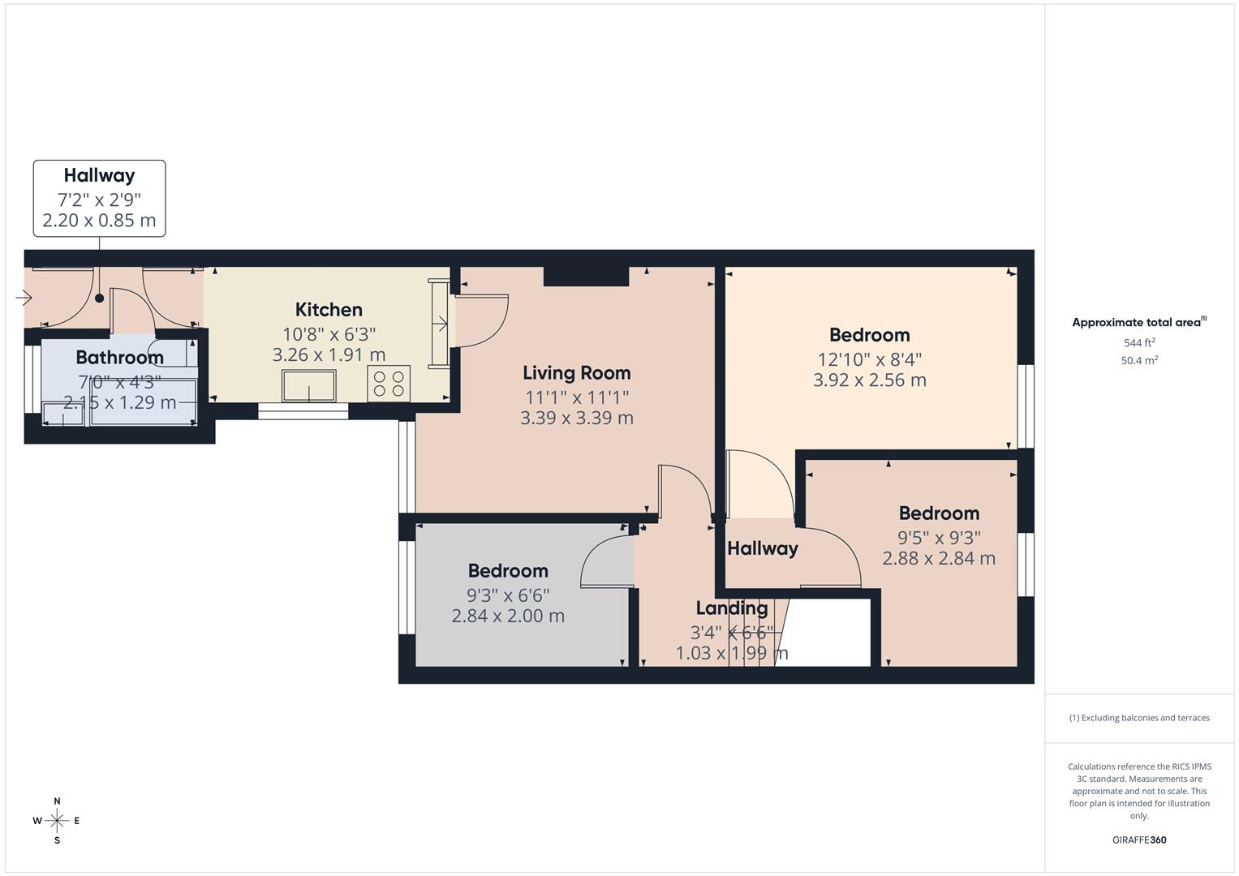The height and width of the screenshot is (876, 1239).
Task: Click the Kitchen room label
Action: click(329, 310)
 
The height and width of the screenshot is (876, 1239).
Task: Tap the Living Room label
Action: click(576, 373)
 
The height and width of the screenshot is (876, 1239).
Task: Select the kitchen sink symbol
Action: click(308, 385)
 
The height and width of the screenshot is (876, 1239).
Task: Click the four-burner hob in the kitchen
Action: click(389, 384)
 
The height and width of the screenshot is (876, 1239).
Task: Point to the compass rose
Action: click(57, 821)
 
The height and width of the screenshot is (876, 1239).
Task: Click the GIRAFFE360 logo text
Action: click(1138, 840)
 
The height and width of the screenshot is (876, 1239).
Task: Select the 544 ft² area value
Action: click(1139, 343)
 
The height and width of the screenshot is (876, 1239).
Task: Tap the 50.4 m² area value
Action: click(1139, 361)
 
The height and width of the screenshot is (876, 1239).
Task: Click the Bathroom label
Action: click(119, 358)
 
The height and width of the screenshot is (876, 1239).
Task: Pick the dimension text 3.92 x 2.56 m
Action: click(869, 380)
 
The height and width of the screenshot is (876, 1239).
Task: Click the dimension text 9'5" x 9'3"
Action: click(939, 538)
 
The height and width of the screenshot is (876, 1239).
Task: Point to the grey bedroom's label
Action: click(508, 571)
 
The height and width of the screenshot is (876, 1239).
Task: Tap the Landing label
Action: click(732, 608)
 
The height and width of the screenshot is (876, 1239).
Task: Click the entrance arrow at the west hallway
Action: click(24, 298)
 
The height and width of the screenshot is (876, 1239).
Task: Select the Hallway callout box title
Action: click(99, 175)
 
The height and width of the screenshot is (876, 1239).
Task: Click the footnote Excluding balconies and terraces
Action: click(1139, 718)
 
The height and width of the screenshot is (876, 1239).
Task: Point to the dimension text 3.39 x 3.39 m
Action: click(576, 419)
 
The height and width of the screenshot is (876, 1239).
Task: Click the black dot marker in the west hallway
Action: click(100, 298)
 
